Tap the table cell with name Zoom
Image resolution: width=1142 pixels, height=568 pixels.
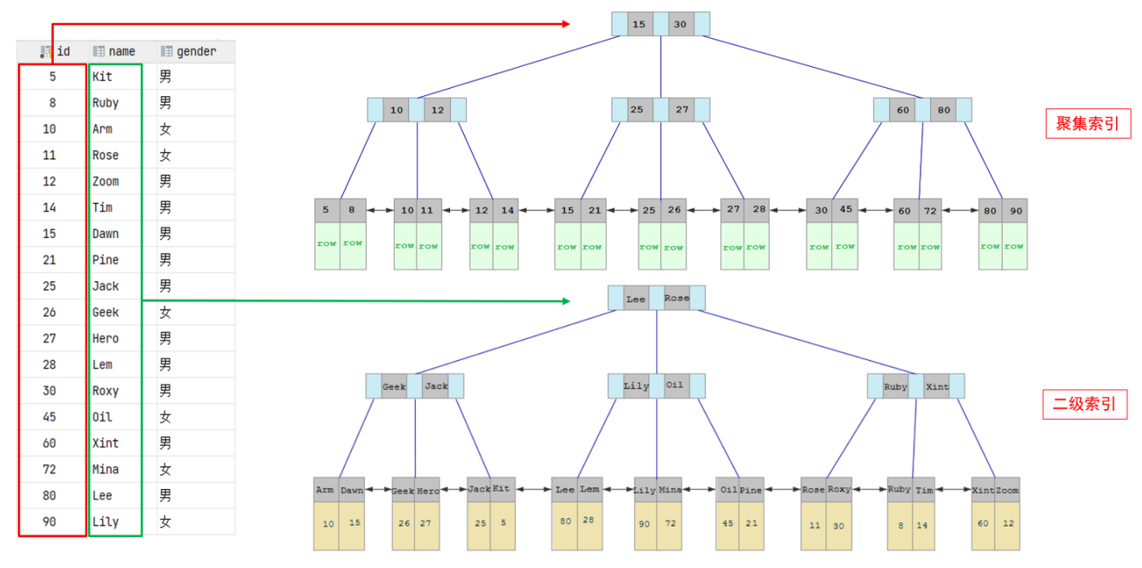coord(105,182)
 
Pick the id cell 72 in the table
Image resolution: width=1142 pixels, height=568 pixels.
coord(50,469)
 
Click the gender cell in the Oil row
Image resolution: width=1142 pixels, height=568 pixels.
coord(165,417)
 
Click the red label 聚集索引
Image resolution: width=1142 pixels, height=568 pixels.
coord(1088,123)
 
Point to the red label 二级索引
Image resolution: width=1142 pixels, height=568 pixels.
coord(1085,404)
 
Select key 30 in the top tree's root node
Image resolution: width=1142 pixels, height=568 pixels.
coord(681,24)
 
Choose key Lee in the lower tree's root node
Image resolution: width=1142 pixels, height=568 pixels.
coord(636,299)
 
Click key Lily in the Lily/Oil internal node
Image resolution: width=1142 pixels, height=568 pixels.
coord(636,386)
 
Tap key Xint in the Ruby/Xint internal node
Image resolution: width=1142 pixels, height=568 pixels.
coord(937,386)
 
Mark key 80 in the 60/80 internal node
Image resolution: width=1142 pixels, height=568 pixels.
coord(944,110)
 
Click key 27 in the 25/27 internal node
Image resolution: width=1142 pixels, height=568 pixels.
coord(681,110)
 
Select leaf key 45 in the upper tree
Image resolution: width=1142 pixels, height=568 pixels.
coord(845,209)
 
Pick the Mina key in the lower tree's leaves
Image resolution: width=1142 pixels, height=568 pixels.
coord(669,490)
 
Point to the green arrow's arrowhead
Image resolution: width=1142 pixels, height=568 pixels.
coord(566,302)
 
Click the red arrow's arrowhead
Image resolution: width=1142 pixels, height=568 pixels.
coord(566,24)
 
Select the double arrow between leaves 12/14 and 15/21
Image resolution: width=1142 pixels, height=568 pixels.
coord(536,210)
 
